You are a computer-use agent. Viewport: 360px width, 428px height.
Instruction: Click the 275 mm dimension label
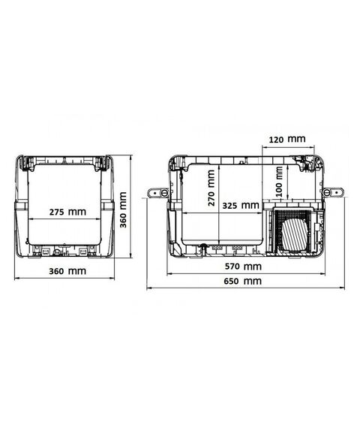point(67,212)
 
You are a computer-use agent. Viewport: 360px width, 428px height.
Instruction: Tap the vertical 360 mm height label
point(123,209)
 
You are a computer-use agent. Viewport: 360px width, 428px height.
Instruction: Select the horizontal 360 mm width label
point(67,271)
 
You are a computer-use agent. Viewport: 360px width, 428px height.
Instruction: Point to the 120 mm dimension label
point(287,139)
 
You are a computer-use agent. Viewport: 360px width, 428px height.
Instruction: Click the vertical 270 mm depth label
point(211,188)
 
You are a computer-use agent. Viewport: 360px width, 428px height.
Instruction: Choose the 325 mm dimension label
point(241,205)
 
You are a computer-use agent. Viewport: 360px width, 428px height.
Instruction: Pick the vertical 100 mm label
point(279,182)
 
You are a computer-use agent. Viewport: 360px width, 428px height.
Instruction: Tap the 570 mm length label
point(243,266)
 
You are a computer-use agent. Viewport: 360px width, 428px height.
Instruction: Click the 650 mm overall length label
point(243,281)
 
